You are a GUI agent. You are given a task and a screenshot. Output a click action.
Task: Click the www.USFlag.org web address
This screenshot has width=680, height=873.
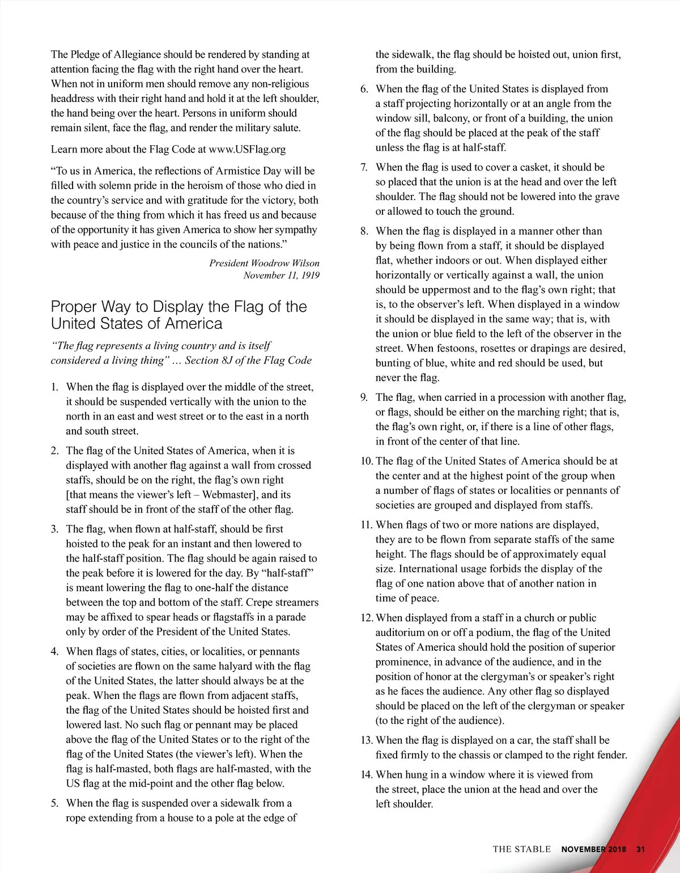[x=247, y=150]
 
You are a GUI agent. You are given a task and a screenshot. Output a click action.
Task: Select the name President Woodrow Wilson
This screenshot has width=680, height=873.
[x=264, y=263]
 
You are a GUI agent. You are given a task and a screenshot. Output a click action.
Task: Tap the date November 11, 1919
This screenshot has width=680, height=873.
[x=281, y=276]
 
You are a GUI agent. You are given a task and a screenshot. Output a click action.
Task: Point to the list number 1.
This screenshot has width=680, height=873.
[x=54, y=387]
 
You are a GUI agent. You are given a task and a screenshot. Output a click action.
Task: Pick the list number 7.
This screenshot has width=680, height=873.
[x=364, y=167]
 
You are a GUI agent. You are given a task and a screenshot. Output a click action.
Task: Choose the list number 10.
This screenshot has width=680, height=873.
[x=367, y=461]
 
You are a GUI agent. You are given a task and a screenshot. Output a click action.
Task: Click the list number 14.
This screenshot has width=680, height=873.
[x=367, y=775]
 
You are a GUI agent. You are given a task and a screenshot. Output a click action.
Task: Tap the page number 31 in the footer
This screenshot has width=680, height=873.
[x=641, y=849]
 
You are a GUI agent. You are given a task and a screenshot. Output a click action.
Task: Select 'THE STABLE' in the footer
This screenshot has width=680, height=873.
[x=521, y=849]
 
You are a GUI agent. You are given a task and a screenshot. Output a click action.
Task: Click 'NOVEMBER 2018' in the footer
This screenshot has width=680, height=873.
[x=593, y=849]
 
